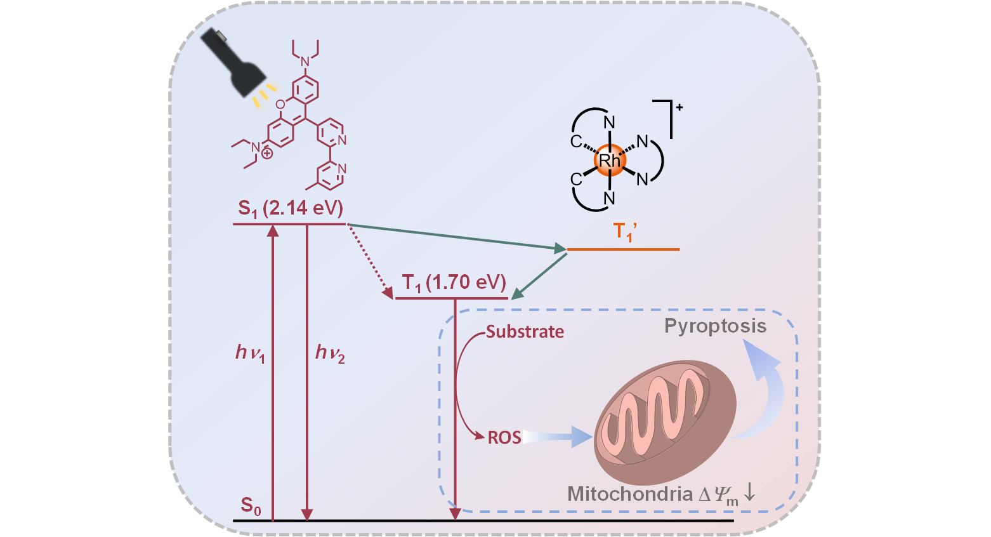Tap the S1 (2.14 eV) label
click(x=291, y=208)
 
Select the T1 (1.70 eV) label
click(x=454, y=282)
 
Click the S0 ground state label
click(x=251, y=506)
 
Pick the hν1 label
click(x=250, y=353)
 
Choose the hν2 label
click(x=330, y=353)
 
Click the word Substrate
click(x=525, y=332)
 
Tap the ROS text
click(x=504, y=437)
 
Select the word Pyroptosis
click(x=715, y=326)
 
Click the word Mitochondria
click(x=629, y=494)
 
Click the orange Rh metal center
click(x=610, y=161)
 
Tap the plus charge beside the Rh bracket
click(x=679, y=107)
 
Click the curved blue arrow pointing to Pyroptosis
click(x=765, y=387)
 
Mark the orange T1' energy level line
click(x=623, y=249)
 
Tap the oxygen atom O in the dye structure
click(x=280, y=104)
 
